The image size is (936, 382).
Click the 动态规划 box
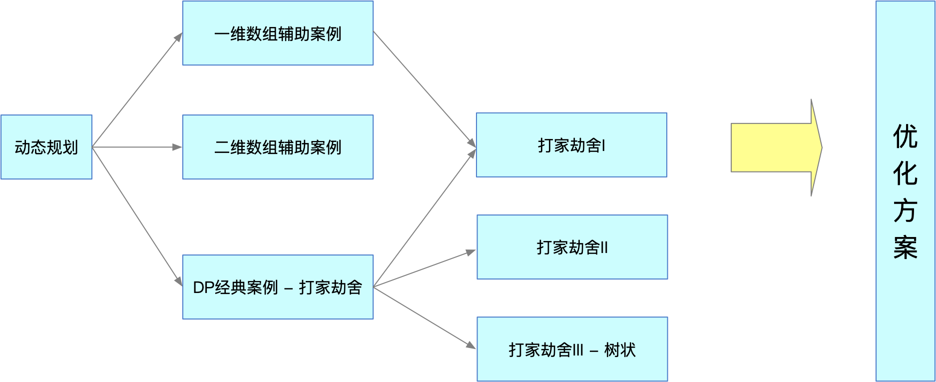click(46, 147)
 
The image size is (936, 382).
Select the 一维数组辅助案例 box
click(278, 33)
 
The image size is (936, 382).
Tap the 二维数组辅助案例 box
click(278, 147)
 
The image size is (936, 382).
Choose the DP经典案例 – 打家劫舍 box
click(278, 287)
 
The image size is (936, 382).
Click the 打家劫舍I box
click(571, 145)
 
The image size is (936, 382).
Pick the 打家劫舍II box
click(572, 247)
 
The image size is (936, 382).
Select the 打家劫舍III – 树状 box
click(572, 349)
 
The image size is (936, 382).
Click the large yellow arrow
click(776, 147)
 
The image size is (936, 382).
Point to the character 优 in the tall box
click(905, 136)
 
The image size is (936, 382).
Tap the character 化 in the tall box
click(905, 173)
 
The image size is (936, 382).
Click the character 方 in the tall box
click(905, 210)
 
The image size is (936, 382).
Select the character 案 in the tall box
click(905, 247)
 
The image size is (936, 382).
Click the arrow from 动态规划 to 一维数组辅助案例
click(137, 90)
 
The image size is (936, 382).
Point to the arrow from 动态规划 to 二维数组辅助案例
click(137, 147)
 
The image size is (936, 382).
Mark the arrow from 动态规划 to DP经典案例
click(137, 216)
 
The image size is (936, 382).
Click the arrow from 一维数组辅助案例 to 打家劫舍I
click(425, 89)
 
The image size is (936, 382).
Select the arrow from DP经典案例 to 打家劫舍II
click(425, 268)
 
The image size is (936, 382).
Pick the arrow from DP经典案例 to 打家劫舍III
click(425, 317)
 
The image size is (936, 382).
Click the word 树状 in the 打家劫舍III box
click(620, 350)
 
